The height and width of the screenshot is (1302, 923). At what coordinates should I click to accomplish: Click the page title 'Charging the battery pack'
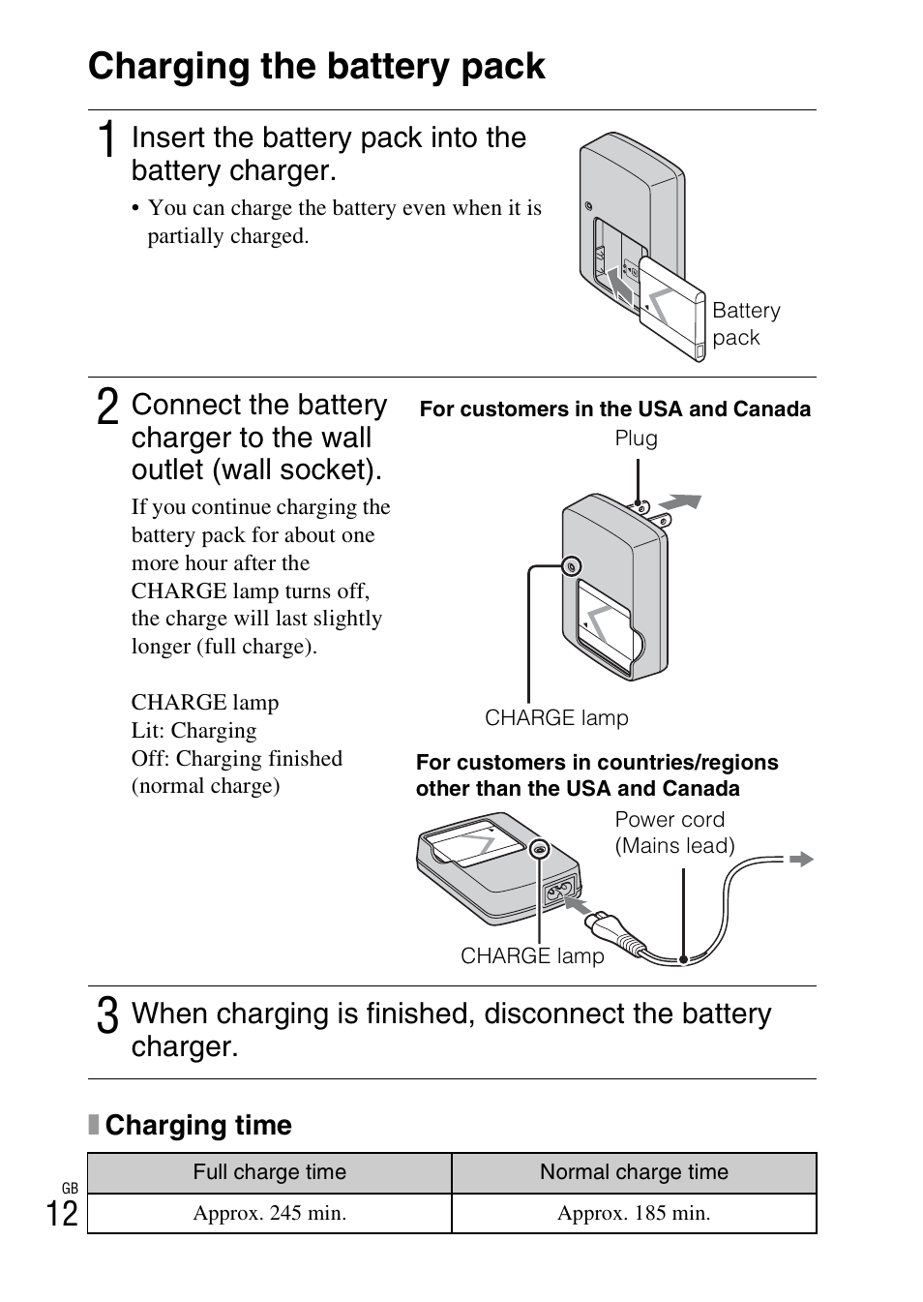(316, 66)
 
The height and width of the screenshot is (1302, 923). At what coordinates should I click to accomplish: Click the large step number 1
(109, 138)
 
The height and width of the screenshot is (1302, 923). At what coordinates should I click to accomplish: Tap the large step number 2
(108, 406)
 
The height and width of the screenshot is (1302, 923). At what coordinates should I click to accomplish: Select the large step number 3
(108, 1015)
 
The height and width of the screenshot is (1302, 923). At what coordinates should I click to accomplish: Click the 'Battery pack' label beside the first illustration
(745, 324)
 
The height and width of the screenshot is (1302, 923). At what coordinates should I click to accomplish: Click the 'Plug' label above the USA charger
(636, 439)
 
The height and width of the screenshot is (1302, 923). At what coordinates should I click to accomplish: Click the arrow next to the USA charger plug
(680, 502)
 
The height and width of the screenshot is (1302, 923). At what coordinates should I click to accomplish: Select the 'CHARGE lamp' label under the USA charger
(556, 718)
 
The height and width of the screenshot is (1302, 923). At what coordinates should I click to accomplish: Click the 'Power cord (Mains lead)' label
(674, 833)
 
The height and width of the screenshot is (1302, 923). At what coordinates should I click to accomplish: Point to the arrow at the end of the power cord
(801, 859)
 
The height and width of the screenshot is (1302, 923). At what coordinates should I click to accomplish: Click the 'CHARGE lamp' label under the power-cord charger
(532, 956)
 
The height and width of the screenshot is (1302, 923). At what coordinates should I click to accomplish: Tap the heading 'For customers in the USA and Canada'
(615, 409)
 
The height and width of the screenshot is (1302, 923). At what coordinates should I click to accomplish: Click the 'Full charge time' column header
(269, 1172)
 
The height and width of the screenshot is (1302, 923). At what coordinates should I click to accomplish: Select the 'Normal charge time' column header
(634, 1172)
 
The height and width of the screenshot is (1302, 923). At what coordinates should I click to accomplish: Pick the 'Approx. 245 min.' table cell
(269, 1213)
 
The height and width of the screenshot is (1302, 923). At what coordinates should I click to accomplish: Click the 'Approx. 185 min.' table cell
(634, 1213)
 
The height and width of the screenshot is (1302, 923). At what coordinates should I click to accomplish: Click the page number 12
(62, 1212)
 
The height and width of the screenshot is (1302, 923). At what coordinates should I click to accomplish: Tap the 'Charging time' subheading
(197, 1125)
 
